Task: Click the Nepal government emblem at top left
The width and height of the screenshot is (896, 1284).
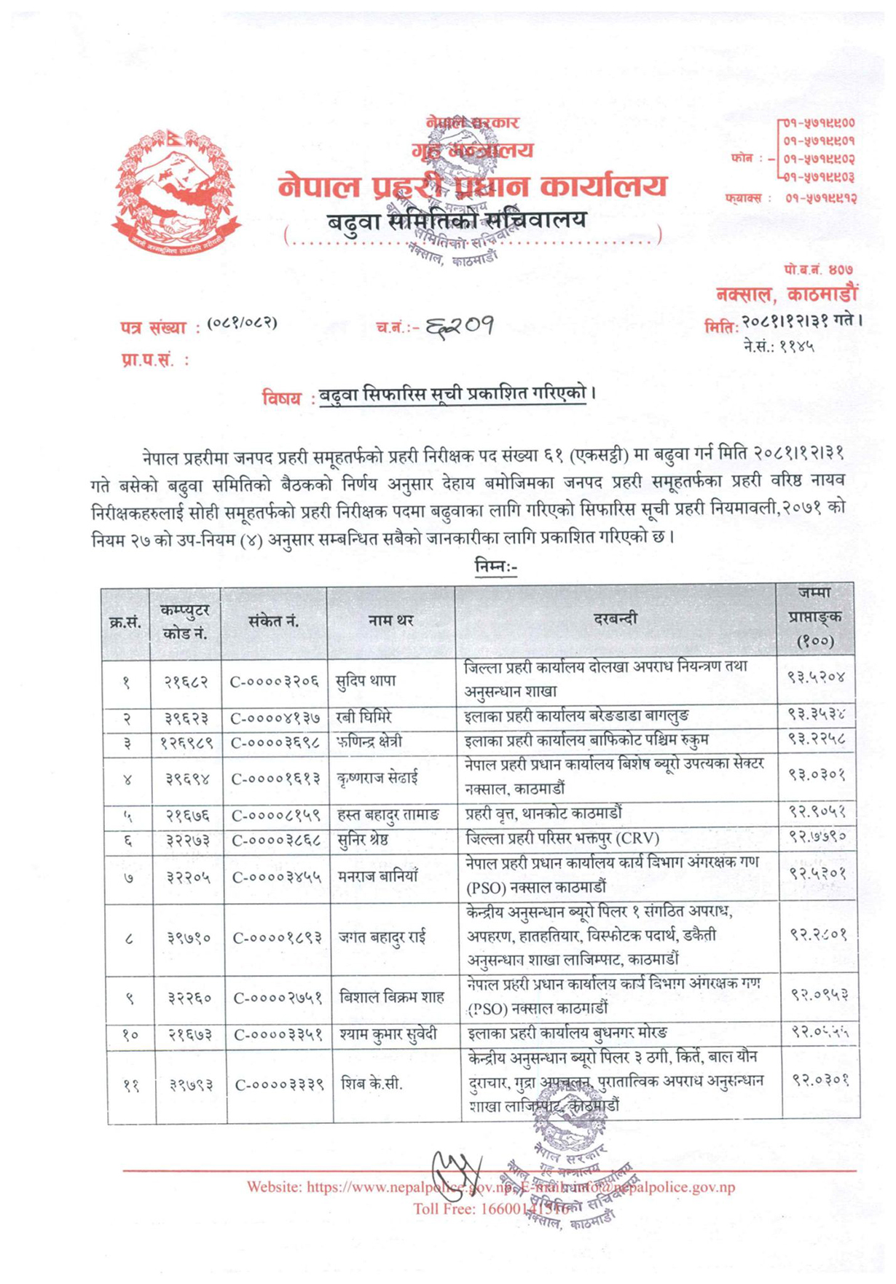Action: tap(176, 193)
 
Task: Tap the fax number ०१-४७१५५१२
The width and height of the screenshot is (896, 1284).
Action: tap(820, 197)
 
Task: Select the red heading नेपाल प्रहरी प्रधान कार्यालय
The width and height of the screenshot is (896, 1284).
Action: tap(472, 187)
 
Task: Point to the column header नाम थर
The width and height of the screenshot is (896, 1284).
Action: tap(390, 621)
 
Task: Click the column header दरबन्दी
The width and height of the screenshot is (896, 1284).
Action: tap(616, 619)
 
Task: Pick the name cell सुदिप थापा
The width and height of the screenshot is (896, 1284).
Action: tap(366, 681)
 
